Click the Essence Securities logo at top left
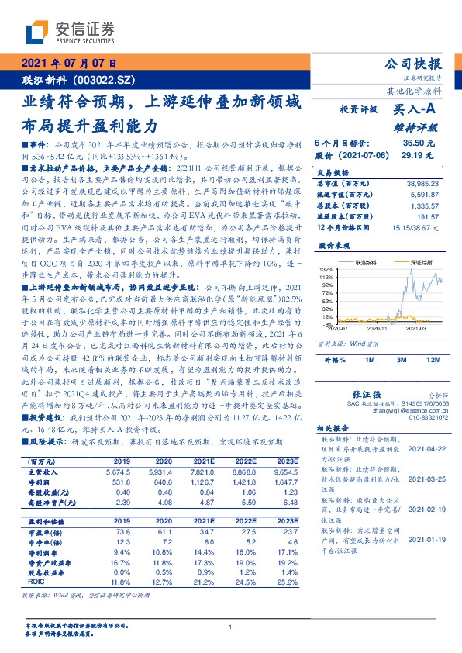coord(70,32)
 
